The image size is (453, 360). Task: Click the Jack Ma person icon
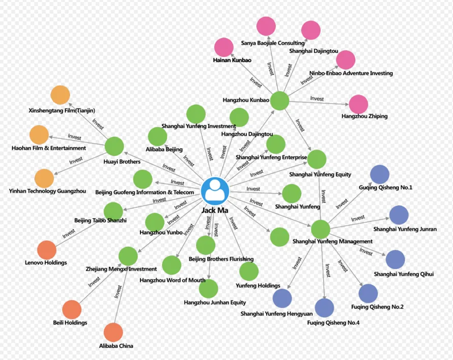tap(215, 191)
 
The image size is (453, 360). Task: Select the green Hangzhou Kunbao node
tap(279, 100)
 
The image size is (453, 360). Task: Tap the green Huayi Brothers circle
tap(115, 146)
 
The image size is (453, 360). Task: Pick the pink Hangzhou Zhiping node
tap(358, 104)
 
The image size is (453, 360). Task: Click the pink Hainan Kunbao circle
tap(224, 47)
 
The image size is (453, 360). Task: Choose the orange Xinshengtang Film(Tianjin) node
tap(60, 95)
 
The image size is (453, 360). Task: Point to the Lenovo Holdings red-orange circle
tap(47, 250)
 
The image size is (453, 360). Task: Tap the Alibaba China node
tap(113, 333)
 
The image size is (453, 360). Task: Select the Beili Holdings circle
tap(72, 310)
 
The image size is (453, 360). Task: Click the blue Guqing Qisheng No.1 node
tap(380, 175)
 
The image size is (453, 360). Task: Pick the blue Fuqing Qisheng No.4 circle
tap(324, 308)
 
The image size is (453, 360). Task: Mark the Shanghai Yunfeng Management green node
tap(321, 230)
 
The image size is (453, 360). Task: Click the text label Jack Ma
tap(215, 210)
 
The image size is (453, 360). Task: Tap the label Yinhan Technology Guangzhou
tap(47, 191)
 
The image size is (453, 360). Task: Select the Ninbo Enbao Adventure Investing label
tap(351, 73)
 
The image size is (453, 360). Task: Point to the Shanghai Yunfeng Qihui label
tap(404, 274)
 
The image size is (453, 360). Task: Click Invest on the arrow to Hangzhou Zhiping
tap(317, 98)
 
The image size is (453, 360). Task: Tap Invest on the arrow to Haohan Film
tap(74, 136)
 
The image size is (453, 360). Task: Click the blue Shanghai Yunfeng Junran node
tap(399, 215)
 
